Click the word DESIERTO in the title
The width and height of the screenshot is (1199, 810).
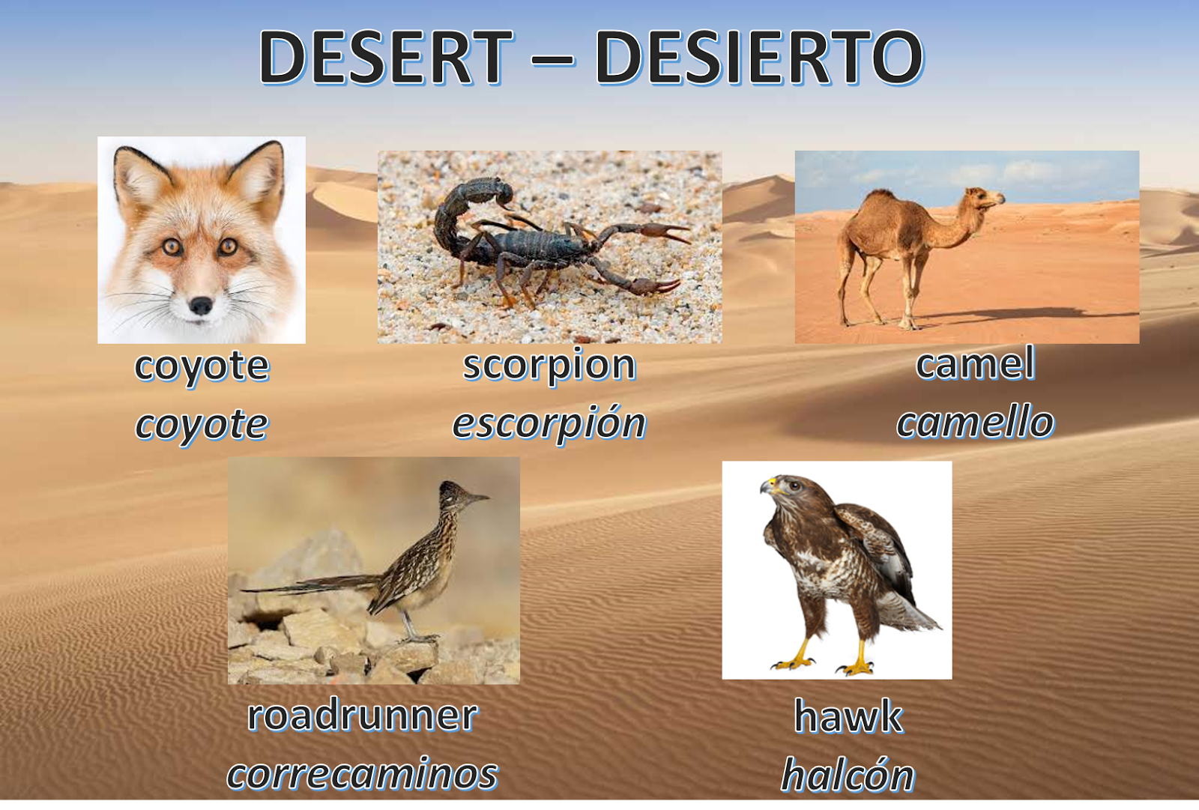(758, 58)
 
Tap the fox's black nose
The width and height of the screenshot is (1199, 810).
(201, 305)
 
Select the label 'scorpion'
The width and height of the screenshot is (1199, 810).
(549, 365)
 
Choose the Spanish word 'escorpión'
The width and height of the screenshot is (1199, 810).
(549, 423)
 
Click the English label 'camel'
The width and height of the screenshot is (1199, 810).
(976, 364)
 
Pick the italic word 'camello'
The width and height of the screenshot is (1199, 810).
(976, 422)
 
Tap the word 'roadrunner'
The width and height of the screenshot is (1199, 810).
(363, 715)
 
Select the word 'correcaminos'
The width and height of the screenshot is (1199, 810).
(363, 773)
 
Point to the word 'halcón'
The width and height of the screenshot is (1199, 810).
(848, 775)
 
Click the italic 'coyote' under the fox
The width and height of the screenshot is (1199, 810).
(202, 425)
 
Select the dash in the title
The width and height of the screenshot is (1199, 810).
(553, 58)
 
